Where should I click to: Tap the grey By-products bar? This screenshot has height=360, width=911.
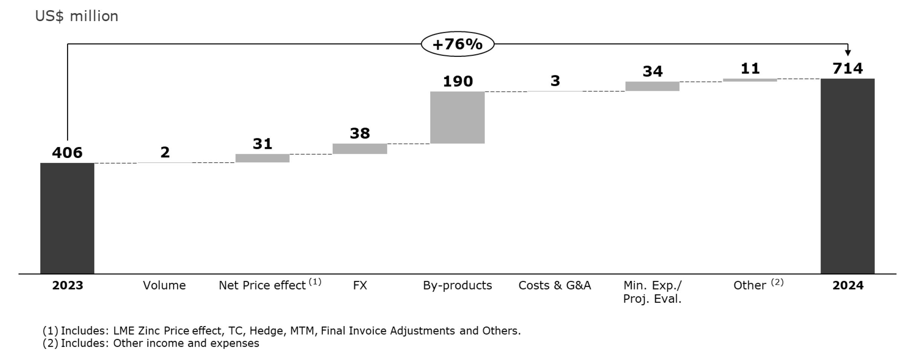coord(457,117)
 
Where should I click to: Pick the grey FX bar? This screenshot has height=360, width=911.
coord(359,149)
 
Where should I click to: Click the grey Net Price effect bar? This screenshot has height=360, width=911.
coord(262,158)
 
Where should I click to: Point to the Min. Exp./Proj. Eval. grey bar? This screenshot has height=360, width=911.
coord(652,86)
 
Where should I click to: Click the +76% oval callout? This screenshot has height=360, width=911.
coord(457,44)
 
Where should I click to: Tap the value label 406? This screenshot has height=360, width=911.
coord(67,153)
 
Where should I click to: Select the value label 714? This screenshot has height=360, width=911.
coord(847,69)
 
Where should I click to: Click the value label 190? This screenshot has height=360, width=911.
coord(457,81)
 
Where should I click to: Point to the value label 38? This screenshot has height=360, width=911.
coord(360,133)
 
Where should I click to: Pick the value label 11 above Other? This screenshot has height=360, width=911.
coord(750,69)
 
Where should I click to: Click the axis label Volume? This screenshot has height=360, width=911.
coord(164,285)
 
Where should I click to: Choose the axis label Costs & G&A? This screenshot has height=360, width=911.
coord(555,285)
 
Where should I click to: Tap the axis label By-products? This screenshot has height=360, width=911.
coord(457,285)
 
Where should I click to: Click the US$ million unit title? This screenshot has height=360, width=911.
coord(76,16)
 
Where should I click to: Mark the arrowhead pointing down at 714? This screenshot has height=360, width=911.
coord(848,53)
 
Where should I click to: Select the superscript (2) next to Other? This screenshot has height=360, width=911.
coord(777,282)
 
